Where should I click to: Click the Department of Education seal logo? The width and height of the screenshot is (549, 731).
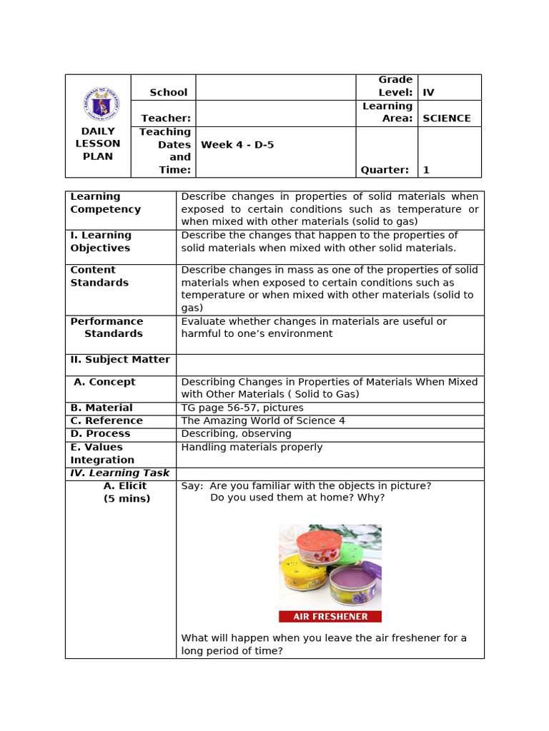101,104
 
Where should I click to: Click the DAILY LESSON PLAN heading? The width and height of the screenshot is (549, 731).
98,143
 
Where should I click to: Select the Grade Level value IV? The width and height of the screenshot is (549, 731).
429,92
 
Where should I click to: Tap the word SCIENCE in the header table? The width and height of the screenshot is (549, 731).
447,119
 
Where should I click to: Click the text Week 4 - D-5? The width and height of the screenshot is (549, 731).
237,145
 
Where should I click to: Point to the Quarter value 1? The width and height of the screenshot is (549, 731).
426,170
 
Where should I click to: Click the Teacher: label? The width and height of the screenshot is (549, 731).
166,119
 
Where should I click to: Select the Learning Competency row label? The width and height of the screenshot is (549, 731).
106,203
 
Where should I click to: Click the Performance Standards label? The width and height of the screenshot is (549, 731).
107,328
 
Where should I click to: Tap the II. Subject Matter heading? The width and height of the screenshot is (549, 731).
120,360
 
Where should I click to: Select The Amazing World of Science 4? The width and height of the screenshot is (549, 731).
263,420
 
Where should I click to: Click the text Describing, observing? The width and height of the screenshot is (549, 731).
236,433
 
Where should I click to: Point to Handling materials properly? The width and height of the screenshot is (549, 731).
252,447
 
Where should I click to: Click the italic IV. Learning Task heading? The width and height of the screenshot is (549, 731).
120,473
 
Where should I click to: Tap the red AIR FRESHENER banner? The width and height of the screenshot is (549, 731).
330,616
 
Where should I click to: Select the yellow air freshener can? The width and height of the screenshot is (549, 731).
302,575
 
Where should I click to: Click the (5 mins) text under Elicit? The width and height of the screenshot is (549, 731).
127,498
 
